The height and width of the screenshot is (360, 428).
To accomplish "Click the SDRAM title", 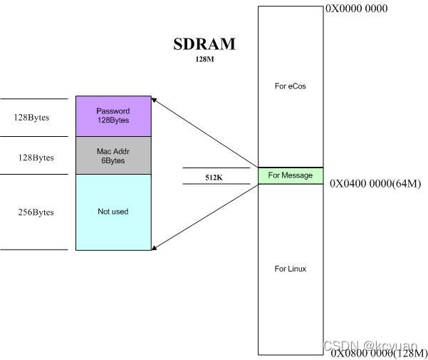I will click(x=204, y=44).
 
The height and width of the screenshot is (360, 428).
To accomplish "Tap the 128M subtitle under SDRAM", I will click(x=204, y=60).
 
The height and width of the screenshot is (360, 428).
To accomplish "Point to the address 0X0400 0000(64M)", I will click(x=375, y=183).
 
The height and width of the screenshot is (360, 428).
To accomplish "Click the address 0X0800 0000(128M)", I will click(x=377, y=353).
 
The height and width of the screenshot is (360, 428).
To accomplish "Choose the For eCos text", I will click(x=290, y=86).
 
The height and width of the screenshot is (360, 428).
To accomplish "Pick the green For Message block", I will click(x=290, y=175).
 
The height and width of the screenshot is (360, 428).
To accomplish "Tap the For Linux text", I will click(x=290, y=269).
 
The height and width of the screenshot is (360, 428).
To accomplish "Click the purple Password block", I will click(x=113, y=115).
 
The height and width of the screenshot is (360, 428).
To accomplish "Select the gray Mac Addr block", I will click(x=113, y=155).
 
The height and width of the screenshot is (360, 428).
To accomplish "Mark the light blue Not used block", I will click(x=113, y=212).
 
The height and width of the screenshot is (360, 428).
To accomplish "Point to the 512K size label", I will click(x=214, y=177).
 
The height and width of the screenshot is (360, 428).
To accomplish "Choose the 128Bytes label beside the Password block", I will click(x=31, y=117).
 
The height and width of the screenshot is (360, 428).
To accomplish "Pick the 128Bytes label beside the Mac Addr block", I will click(x=36, y=157).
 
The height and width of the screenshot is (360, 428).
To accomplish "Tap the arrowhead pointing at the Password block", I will click(x=156, y=101).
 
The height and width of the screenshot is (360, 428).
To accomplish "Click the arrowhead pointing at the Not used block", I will click(x=156, y=247).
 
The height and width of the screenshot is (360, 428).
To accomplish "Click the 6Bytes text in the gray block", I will click(x=113, y=160).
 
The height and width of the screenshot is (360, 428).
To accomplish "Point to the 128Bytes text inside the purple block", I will click(x=113, y=120).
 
